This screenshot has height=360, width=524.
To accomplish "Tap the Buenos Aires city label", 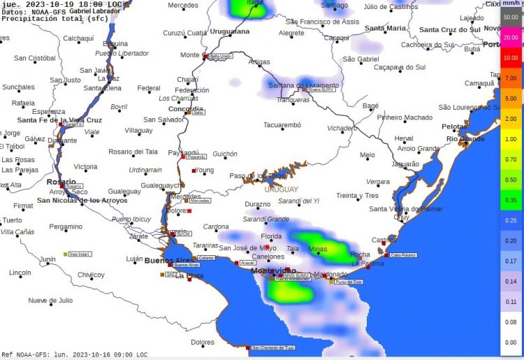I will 168,261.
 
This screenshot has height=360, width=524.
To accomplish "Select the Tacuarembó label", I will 282,125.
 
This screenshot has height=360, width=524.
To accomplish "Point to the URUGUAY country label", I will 281,189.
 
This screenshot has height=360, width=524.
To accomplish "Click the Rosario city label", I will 61,182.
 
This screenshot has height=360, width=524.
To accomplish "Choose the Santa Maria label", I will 385,28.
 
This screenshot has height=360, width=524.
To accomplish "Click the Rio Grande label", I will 465,139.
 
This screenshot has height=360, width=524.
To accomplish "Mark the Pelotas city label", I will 454,127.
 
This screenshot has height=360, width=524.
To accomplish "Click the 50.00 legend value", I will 511,17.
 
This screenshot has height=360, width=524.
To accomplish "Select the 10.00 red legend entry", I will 511,58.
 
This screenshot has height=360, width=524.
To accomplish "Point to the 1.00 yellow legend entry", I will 511,139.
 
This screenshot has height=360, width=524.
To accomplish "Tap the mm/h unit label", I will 511,3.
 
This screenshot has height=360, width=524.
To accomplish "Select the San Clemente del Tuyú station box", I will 273,347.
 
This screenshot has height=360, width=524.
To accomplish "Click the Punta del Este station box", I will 349,282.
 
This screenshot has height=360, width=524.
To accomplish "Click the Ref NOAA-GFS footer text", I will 74,354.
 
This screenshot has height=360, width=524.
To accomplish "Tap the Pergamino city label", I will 66,226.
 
